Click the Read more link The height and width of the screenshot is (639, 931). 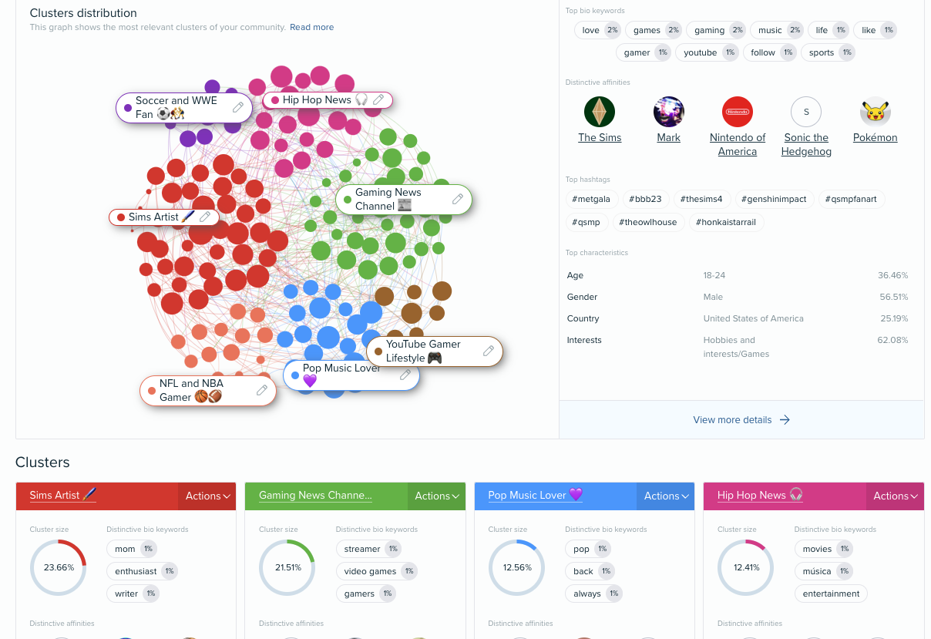point(311,27)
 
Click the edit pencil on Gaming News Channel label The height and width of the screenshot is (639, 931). point(458,200)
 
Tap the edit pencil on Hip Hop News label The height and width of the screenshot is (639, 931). point(378,100)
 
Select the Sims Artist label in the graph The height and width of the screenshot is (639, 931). point(154,217)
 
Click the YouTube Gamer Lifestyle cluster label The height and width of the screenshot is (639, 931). point(423,351)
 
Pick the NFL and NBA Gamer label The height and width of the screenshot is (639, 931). point(191,390)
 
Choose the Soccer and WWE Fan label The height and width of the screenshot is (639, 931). point(176,107)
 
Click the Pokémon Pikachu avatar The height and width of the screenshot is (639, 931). point(875,113)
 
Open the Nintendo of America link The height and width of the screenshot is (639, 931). point(738,144)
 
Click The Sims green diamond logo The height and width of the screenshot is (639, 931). point(599,113)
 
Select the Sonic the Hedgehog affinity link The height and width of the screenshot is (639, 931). point(806,144)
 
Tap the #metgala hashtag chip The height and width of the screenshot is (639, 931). point(591,199)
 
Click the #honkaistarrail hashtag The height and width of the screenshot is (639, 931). point(725,222)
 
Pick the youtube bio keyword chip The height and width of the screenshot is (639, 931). point(701,52)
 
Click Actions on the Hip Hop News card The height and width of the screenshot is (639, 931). point(895,496)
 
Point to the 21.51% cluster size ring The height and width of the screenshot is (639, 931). point(287,567)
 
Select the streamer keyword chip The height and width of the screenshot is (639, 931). point(362,549)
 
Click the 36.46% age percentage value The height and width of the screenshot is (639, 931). point(892,275)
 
